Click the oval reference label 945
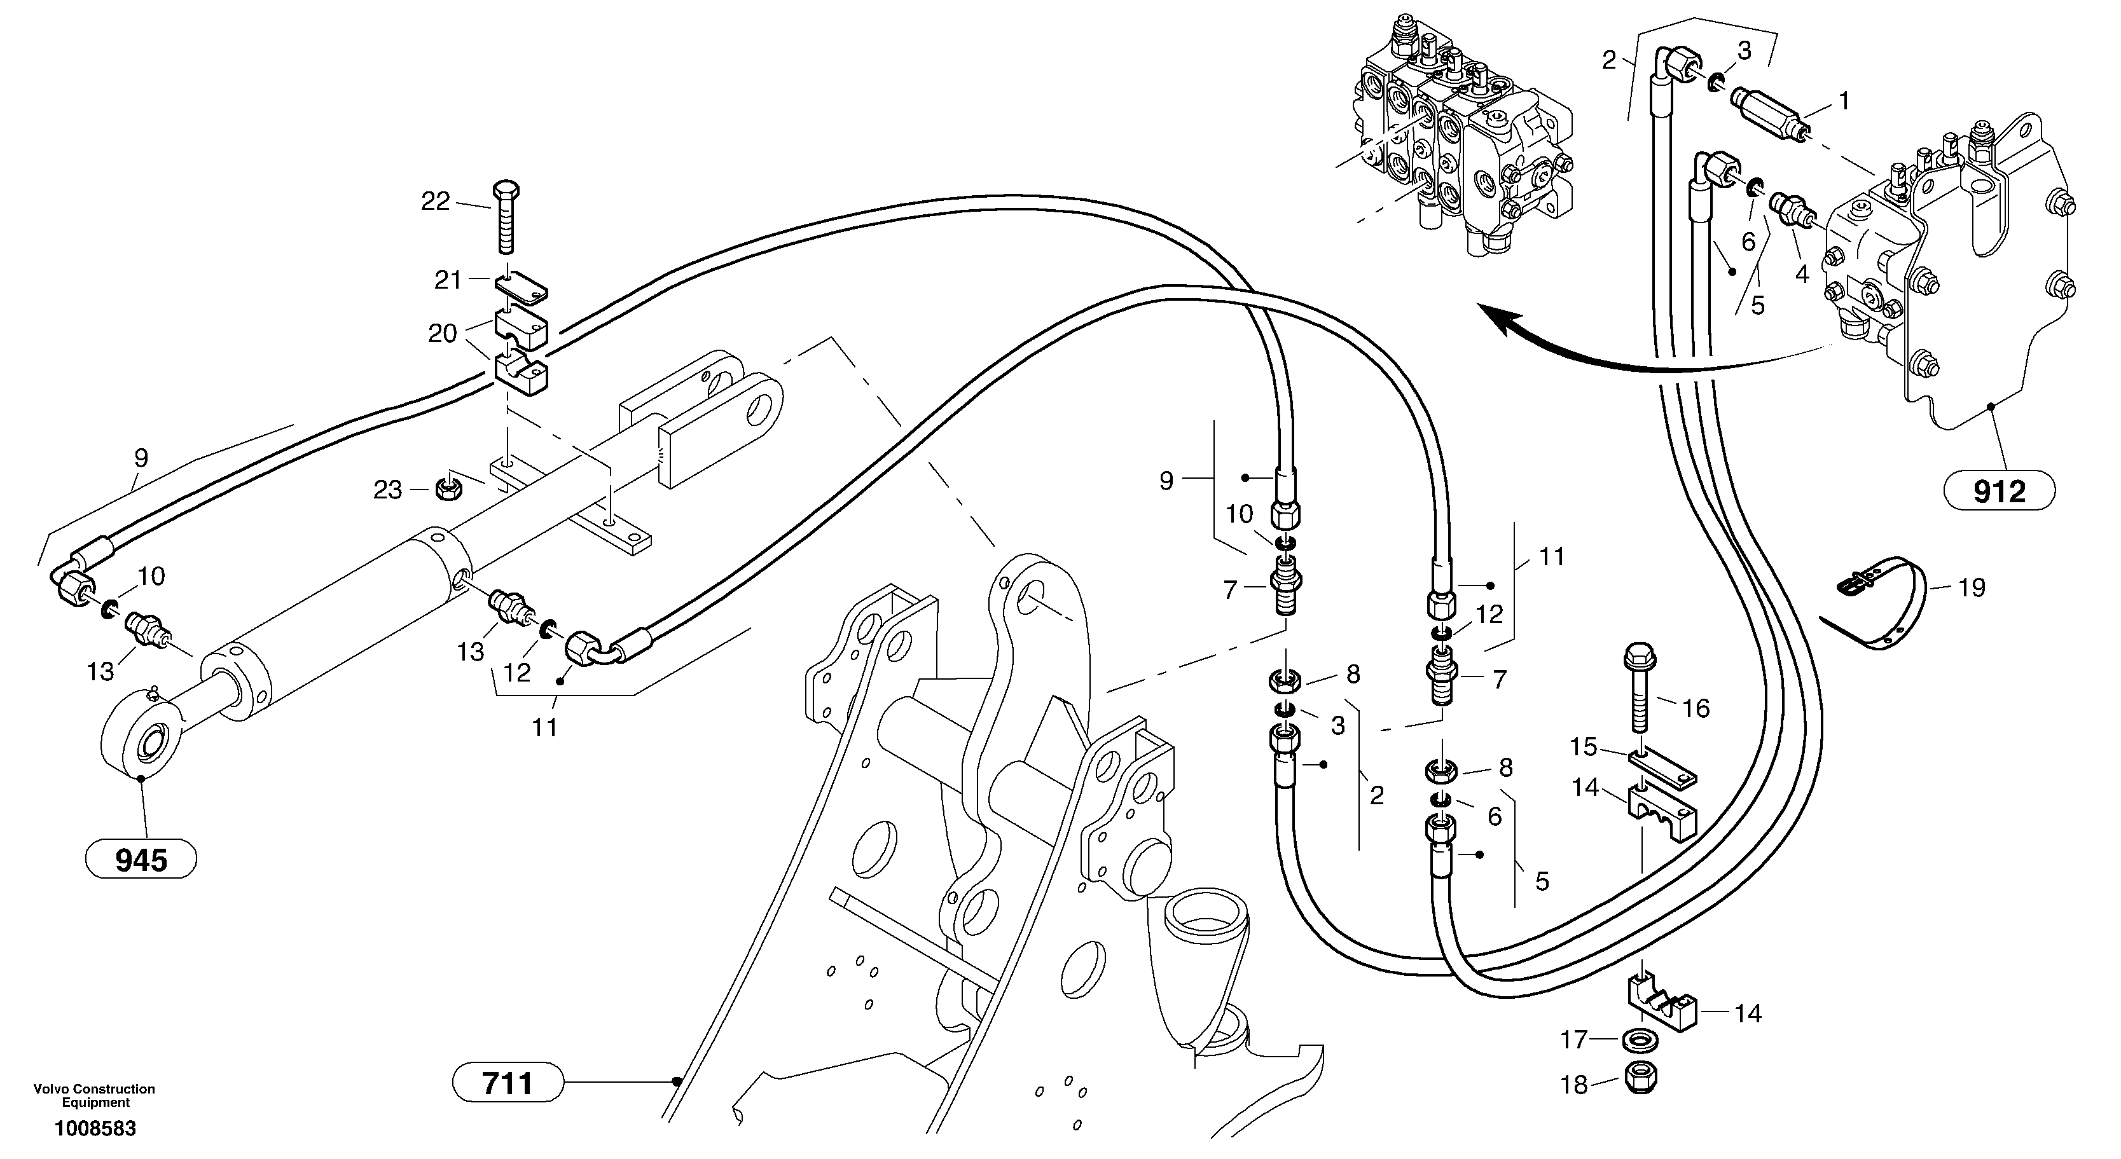pos(141,861)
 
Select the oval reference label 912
pos(1999,492)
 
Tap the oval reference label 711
pos(508,1083)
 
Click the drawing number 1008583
pos(95,1128)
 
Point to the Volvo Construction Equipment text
pos(95,1095)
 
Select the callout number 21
pos(448,281)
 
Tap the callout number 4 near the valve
pos(1802,274)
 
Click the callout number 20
pos(442,333)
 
